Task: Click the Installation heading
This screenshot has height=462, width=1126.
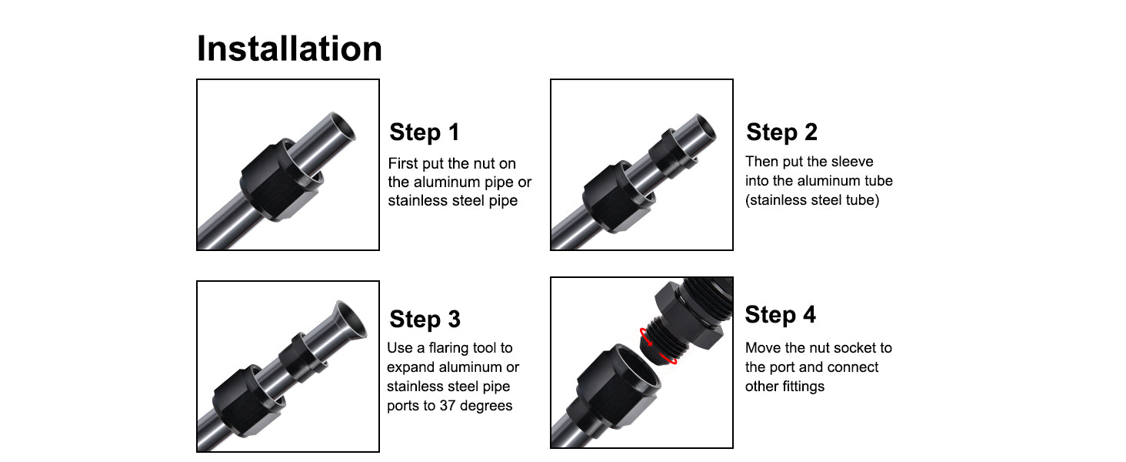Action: tap(289, 49)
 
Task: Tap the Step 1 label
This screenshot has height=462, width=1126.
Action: tap(425, 132)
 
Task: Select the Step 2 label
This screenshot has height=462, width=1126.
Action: tap(781, 132)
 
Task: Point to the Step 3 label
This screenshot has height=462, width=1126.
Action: tap(425, 319)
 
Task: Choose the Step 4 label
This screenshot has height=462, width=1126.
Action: tap(780, 315)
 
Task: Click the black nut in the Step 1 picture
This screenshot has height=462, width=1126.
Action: tap(280, 179)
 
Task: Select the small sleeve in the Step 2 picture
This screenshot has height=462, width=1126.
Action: tap(671, 152)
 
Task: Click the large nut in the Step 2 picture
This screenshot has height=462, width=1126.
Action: tap(618, 197)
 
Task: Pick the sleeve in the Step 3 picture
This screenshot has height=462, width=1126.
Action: tap(302, 357)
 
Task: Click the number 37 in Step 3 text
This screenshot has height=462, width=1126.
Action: tap(448, 406)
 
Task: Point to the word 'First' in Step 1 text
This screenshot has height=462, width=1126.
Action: tap(403, 163)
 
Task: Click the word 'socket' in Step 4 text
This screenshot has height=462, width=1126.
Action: tap(848, 348)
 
